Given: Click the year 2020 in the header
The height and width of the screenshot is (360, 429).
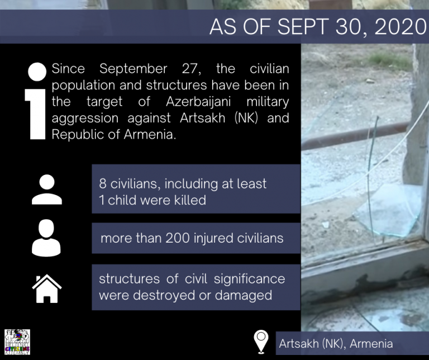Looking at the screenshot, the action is (x=401, y=27).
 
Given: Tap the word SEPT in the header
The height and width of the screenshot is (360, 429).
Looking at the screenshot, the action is (x=303, y=27).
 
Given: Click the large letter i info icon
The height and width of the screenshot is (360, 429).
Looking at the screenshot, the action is (x=36, y=101).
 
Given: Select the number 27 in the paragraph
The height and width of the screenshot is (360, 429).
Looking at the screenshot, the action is (x=191, y=69).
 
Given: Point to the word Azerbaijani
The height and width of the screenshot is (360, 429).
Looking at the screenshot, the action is (x=198, y=102).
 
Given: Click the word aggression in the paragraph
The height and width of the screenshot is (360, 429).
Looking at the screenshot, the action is (x=85, y=119).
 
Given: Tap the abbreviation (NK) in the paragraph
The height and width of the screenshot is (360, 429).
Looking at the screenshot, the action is (x=246, y=118).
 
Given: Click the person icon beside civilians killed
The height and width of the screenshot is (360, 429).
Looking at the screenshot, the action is (x=47, y=190).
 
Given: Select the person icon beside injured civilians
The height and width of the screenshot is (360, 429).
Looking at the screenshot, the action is (x=46, y=238).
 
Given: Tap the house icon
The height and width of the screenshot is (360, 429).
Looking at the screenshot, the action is (x=47, y=289).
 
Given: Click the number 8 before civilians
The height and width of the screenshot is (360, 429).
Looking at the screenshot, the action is (x=103, y=184).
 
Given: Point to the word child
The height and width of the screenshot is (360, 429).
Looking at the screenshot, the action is (x=122, y=200).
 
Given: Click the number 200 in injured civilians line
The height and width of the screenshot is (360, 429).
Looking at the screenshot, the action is (x=178, y=238).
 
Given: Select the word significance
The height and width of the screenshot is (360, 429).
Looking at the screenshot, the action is (x=249, y=280).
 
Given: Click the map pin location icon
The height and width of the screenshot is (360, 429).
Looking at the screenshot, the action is (x=261, y=342).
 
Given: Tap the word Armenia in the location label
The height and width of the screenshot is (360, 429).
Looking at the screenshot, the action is (x=371, y=344).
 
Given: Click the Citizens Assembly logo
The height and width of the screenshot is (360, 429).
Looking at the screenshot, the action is (x=17, y=342).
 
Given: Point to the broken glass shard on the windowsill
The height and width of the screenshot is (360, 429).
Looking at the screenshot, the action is (x=389, y=211).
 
